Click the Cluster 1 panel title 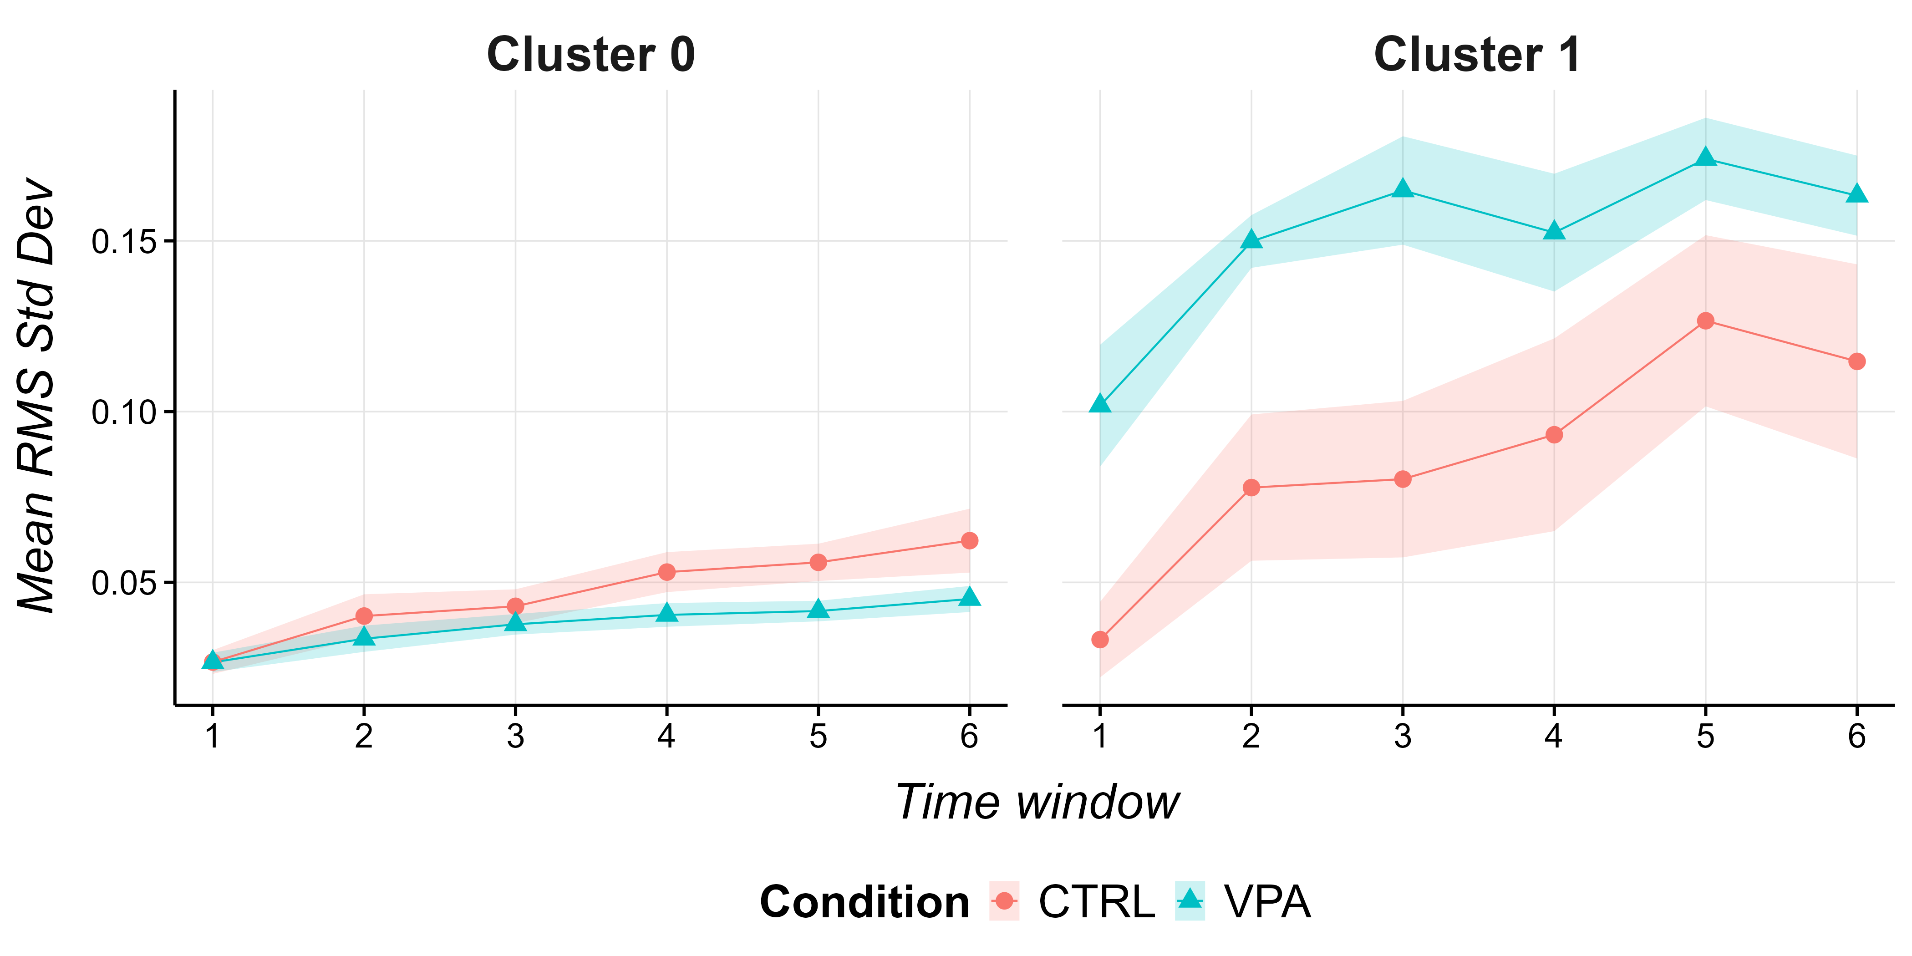(1477, 55)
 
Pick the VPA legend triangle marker (1190, 900)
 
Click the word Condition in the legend (864, 903)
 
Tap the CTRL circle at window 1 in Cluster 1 (1100, 639)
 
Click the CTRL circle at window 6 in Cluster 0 (969, 540)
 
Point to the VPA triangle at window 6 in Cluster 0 (969, 597)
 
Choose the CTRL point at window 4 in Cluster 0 (666, 571)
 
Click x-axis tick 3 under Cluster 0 (515, 736)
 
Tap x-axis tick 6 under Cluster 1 (1857, 736)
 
